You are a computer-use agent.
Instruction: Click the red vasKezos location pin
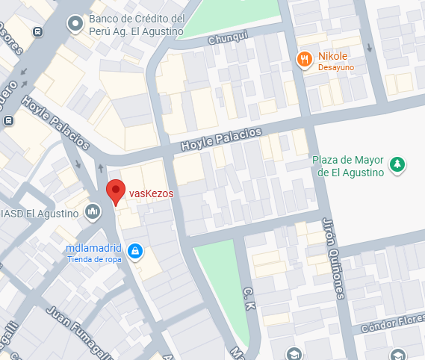115,190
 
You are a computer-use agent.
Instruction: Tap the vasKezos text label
151,193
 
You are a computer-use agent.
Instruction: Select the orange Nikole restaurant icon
304,59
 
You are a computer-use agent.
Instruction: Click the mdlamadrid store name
93,249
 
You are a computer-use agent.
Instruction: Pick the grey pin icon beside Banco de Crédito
75,25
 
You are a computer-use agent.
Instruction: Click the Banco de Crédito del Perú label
136,25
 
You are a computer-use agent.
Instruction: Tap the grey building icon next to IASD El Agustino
93,212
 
